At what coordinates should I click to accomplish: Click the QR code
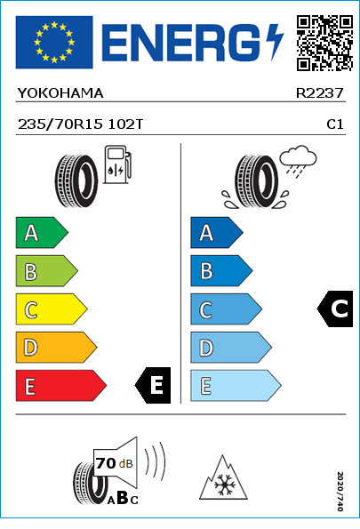[325, 44]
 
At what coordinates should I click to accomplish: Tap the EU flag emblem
[54, 42]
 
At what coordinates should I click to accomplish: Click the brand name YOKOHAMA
[60, 93]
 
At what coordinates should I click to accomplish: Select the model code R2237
[319, 93]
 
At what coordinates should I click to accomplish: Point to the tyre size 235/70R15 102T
[80, 124]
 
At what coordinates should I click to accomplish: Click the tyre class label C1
[335, 124]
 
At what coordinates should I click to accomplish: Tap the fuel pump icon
[117, 164]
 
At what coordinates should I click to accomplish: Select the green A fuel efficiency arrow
[42, 232]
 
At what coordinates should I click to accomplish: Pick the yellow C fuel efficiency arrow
[52, 309]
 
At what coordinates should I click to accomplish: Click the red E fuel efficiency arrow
[61, 386]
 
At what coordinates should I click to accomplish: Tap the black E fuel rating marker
[153, 385]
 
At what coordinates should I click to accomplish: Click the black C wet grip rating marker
[335, 309]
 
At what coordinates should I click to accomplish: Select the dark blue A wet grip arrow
[217, 232]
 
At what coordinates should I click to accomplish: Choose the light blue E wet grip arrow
[236, 386]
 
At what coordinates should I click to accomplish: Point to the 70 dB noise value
[115, 463]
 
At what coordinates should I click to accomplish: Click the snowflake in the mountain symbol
[223, 485]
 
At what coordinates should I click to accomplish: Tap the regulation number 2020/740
[340, 491]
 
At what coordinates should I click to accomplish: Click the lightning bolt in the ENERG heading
[274, 42]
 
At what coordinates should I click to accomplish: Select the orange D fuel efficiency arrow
[56, 347]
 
